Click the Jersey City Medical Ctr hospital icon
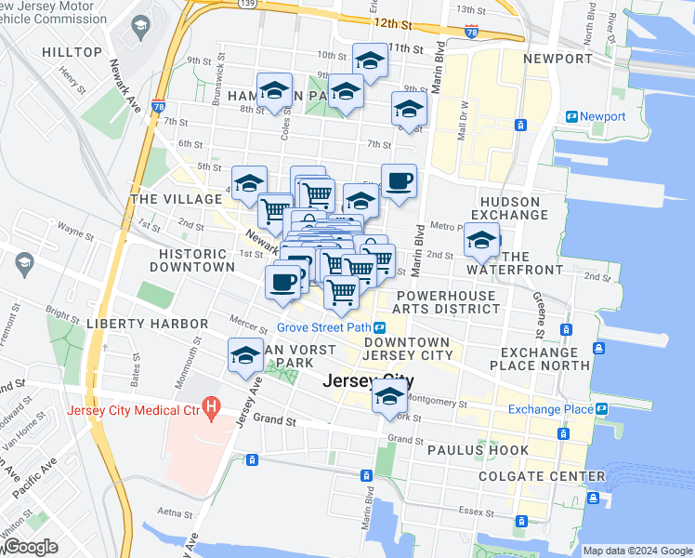click(x=212, y=406)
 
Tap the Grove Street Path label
click(x=323, y=327)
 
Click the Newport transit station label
click(x=602, y=116)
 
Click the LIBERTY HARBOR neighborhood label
click(x=147, y=323)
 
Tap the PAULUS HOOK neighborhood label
click(x=478, y=450)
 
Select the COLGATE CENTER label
click(x=528, y=476)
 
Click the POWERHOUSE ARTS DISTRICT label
click(x=446, y=302)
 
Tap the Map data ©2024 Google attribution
click(x=636, y=551)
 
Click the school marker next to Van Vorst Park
click(x=245, y=356)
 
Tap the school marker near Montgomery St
click(x=389, y=397)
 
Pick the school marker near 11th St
click(x=370, y=61)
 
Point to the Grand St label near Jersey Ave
click(x=279, y=420)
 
